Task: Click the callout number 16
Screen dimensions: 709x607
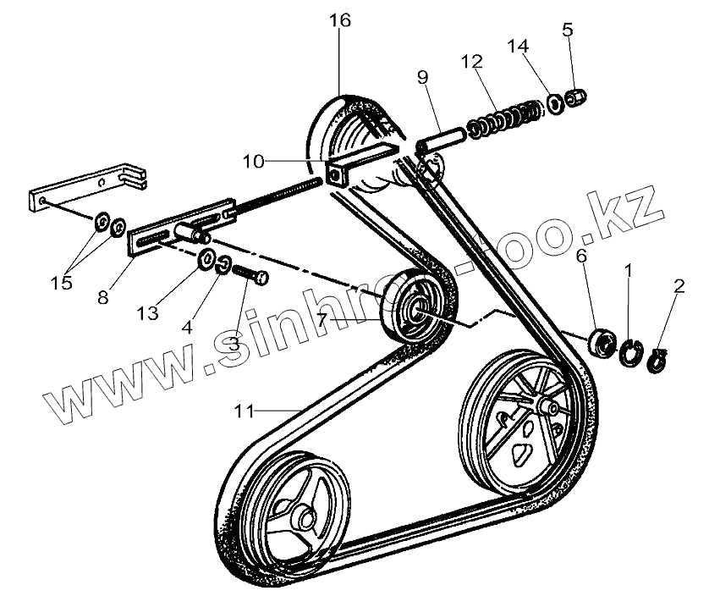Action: [x=339, y=21]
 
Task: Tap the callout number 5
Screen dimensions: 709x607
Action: [x=567, y=30]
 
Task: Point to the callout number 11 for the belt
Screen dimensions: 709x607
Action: [x=244, y=411]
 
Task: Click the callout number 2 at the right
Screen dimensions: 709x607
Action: [x=678, y=288]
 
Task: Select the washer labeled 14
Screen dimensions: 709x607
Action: [x=555, y=102]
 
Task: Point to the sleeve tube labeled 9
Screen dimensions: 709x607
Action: [x=440, y=137]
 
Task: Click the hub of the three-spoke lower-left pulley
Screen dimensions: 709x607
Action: [x=303, y=512]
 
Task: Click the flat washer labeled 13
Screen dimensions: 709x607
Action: [x=207, y=262]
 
